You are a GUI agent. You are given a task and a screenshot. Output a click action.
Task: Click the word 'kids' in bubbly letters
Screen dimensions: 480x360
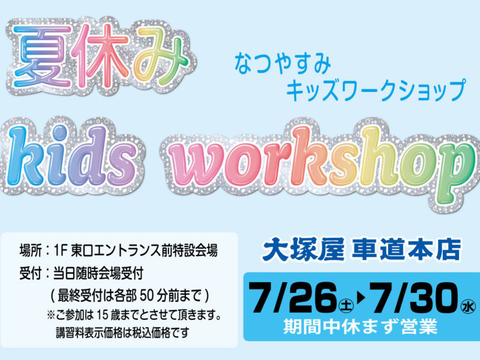tap(70, 156)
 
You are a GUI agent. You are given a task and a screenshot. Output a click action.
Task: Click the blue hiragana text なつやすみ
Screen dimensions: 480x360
tap(283, 64)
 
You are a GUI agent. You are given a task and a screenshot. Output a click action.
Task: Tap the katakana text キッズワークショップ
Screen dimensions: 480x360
tap(376, 90)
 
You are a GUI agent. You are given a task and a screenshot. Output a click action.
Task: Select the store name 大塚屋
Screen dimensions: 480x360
tap(303, 250)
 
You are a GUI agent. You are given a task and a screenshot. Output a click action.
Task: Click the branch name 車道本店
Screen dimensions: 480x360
tap(406, 250)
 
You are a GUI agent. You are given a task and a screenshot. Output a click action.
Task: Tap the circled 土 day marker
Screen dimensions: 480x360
tap(346, 306)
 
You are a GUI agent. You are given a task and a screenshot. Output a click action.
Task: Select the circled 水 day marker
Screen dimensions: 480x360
tap(469, 306)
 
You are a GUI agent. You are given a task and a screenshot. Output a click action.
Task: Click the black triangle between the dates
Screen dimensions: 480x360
tap(361, 298)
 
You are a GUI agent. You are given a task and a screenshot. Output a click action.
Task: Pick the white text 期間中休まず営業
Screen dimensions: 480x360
tap(360, 326)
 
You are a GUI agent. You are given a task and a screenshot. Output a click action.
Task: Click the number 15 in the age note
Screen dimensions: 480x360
tap(103, 314)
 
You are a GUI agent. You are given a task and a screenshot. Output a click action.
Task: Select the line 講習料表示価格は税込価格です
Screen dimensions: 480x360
tap(122, 333)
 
